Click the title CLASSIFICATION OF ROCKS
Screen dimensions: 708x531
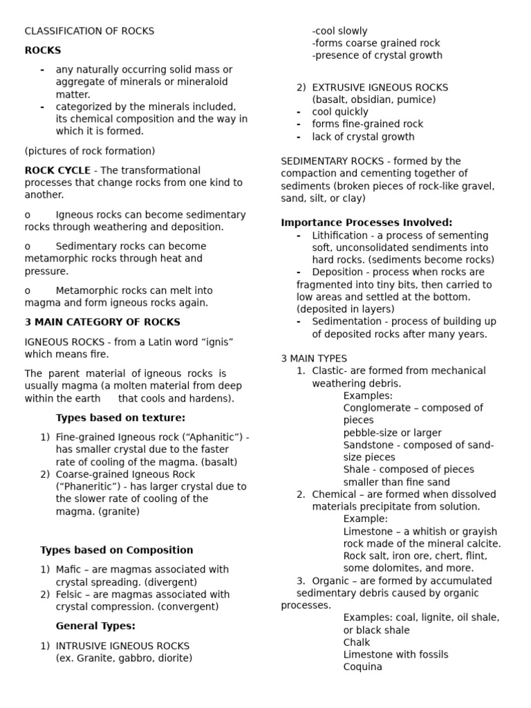89,31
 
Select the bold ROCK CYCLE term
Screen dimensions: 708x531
57,170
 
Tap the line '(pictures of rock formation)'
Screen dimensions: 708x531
90,151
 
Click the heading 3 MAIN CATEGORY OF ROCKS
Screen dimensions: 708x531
102,322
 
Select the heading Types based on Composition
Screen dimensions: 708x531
117,550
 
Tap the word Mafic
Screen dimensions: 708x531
69,570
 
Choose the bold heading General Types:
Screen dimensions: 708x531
95,626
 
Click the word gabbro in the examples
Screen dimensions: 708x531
134,658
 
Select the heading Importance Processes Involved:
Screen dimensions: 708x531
366,222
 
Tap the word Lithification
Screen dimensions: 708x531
340,235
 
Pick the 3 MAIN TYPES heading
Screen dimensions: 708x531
314,358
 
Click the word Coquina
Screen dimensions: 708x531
362,667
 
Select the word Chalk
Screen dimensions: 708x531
357,642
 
